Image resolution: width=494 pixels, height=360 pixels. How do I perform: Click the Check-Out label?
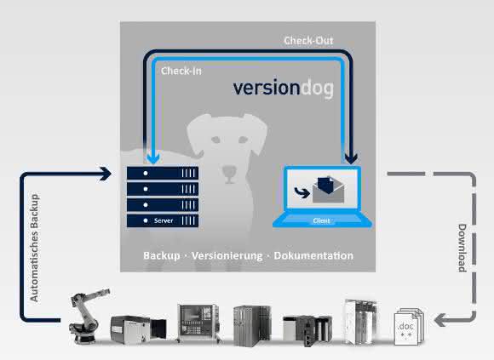308,41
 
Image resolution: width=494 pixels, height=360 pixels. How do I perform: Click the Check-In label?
181,71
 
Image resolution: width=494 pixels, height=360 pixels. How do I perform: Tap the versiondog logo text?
283,89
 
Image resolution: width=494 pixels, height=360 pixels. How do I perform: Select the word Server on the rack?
164,220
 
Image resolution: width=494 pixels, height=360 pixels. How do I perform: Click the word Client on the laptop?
321,220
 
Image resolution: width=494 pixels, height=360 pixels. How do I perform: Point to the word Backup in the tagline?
162,255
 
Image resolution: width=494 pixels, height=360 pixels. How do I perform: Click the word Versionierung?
227,256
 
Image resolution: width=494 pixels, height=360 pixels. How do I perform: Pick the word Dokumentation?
313,255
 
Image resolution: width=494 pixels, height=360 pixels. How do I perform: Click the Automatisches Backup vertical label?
34,248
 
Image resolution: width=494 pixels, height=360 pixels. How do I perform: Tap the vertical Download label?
462,248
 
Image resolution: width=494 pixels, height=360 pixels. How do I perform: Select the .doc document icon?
409,326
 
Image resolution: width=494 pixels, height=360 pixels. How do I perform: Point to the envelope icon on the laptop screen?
328,190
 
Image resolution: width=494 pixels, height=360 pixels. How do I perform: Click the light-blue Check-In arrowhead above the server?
153,157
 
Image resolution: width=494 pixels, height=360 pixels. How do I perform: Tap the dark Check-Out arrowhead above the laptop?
351,158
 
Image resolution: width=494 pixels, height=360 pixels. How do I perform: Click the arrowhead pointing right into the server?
106,174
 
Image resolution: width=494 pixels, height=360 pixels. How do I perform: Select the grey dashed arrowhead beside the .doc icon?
439,320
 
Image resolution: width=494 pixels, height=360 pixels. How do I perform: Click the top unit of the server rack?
163,173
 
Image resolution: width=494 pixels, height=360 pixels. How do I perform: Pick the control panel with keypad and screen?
198,323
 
